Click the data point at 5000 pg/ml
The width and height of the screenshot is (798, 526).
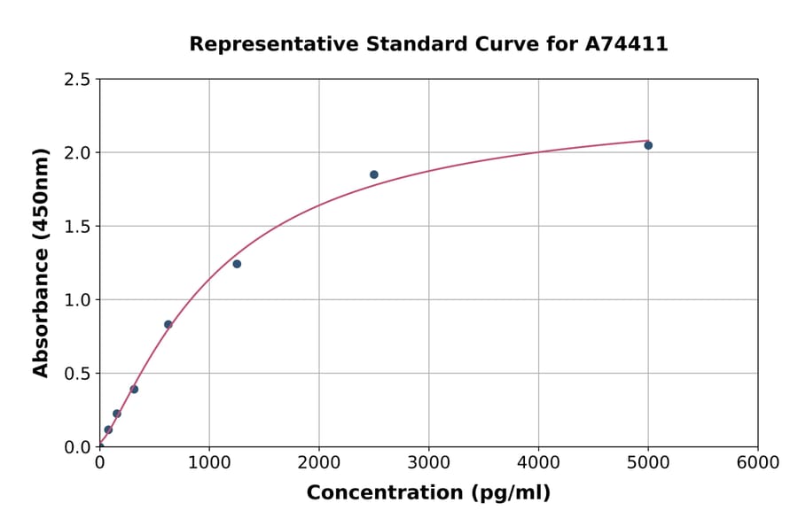[x=648, y=145]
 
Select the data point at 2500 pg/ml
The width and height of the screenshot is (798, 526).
[x=374, y=174]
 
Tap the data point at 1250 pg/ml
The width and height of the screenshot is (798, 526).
[x=237, y=264]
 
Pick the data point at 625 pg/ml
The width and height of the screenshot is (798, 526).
[x=168, y=324]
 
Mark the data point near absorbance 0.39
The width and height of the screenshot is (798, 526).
[x=134, y=389]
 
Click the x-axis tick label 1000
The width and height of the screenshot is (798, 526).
[x=209, y=463]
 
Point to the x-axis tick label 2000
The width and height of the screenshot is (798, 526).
[x=319, y=463]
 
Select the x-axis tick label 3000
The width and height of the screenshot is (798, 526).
[x=429, y=463]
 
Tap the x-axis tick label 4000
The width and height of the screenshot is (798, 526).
[x=538, y=463]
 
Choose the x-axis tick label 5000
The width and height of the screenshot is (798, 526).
[x=648, y=463]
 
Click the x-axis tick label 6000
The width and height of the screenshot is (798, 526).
[x=758, y=463]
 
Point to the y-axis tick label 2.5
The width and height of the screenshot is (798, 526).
[x=76, y=80]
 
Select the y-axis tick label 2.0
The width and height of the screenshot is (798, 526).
[x=76, y=153]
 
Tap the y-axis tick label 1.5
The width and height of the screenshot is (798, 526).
[x=76, y=227]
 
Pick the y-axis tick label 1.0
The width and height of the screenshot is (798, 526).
[x=76, y=300]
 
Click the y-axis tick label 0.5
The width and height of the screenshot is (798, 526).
[x=76, y=374]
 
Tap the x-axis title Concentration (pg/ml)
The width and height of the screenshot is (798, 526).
[x=428, y=493]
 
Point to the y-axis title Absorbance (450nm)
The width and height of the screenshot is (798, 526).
[x=41, y=262]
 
